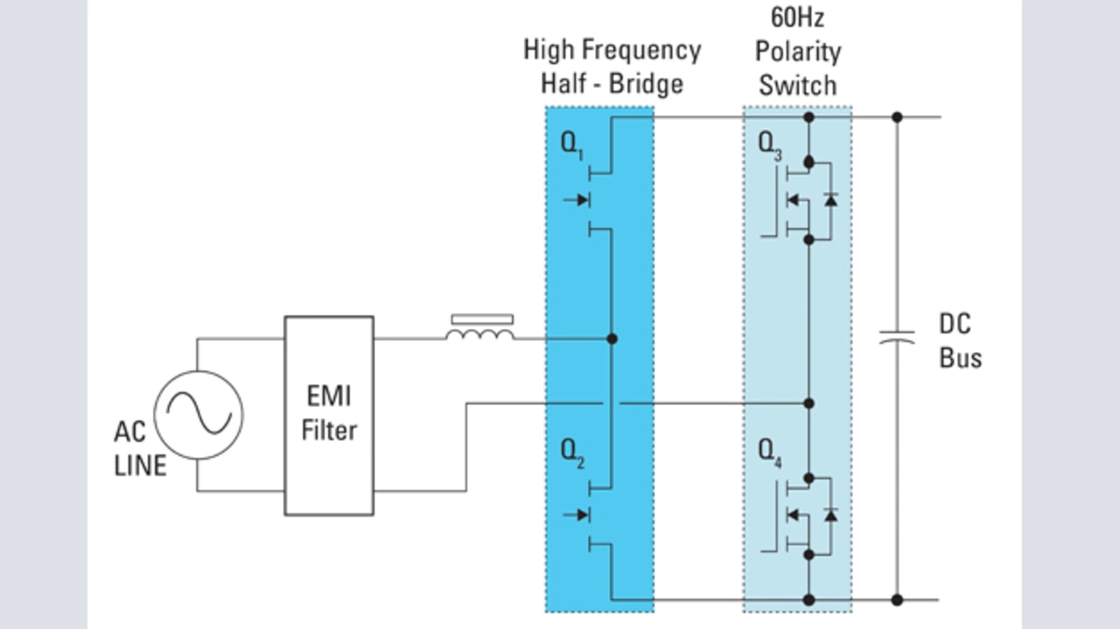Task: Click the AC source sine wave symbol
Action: pos(199,415)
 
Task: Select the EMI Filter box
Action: pos(329,415)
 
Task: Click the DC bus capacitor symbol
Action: pos(897,337)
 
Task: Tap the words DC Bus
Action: pos(960,341)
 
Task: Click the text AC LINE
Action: pos(140,448)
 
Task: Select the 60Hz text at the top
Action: pos(796,17)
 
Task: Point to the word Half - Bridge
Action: pos(612,84)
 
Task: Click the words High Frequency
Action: pos(612,50)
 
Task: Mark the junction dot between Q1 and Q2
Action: pos(612,339)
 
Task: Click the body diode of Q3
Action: pos(830,199)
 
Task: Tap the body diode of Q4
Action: pos(830,514)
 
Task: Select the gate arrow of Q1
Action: pos(577,200)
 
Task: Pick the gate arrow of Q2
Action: pos(577,514)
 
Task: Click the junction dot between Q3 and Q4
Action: pos(809,403)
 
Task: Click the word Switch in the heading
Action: pos(797,86)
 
